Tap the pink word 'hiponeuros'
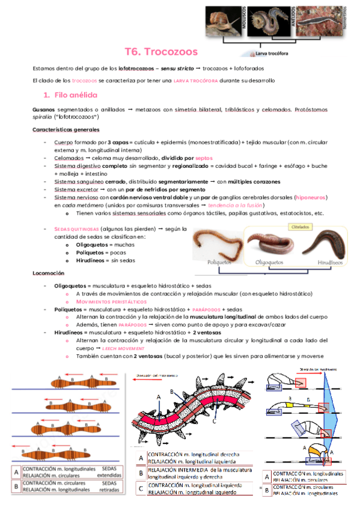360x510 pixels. [x=310, y=197]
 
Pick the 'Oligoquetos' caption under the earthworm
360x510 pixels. [x=270, y=263]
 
